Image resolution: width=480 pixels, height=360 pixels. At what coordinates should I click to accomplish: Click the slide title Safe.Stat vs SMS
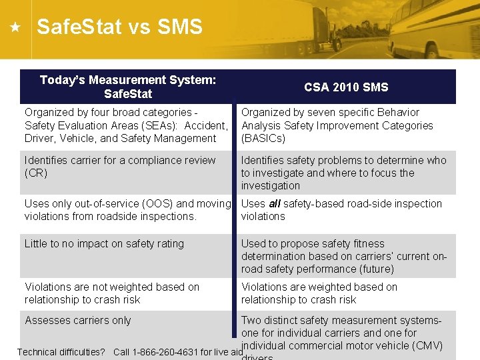119,27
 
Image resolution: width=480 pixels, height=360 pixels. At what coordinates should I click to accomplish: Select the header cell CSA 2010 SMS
345,87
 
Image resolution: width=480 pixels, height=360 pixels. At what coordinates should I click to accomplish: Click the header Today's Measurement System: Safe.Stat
128,87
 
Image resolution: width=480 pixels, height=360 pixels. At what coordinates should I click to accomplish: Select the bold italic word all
273,204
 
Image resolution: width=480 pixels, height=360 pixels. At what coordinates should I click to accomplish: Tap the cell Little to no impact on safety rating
104,244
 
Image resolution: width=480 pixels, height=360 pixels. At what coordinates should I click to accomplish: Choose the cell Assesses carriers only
78,321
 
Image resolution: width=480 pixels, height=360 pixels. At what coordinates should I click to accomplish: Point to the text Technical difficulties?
61,352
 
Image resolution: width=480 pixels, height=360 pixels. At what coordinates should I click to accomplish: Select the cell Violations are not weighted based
112,293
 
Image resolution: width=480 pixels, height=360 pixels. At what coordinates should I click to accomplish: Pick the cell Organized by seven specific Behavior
337,125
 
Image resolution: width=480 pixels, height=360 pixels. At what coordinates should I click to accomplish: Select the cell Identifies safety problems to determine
343,173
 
